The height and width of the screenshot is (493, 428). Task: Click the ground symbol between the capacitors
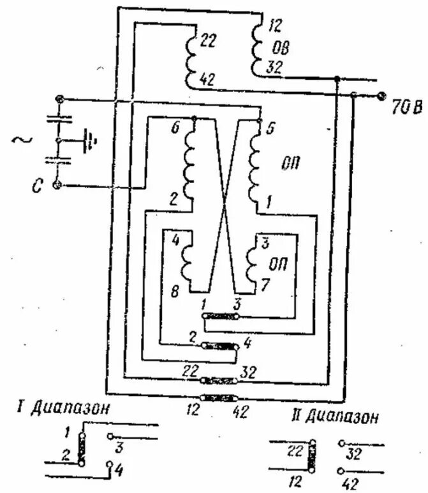click(x=89, y=138)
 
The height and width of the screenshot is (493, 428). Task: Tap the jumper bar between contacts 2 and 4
click(x=219, y=345)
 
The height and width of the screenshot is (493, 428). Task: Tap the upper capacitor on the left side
click(x=59, y=120)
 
